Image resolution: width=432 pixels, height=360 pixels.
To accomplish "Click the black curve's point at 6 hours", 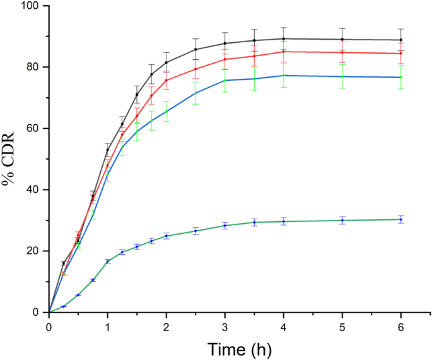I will (x=401, y=40).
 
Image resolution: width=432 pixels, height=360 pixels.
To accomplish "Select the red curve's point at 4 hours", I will (x=284, y=52).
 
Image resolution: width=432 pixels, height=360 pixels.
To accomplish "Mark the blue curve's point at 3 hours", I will (x=225, y=80).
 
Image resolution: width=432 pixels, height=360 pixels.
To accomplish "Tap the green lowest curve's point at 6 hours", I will (x=401, y=219).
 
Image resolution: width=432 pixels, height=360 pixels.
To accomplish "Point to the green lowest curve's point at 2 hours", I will (x=166, y=236).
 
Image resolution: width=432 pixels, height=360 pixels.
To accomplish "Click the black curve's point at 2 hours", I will (x=166, y=62).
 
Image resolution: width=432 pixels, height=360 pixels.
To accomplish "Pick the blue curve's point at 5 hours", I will (x=342, y=76).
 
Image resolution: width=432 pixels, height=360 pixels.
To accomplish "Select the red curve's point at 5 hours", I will (x=342, y=52).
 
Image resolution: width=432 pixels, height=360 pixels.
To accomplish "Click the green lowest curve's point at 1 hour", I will (x=108, y=261).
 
